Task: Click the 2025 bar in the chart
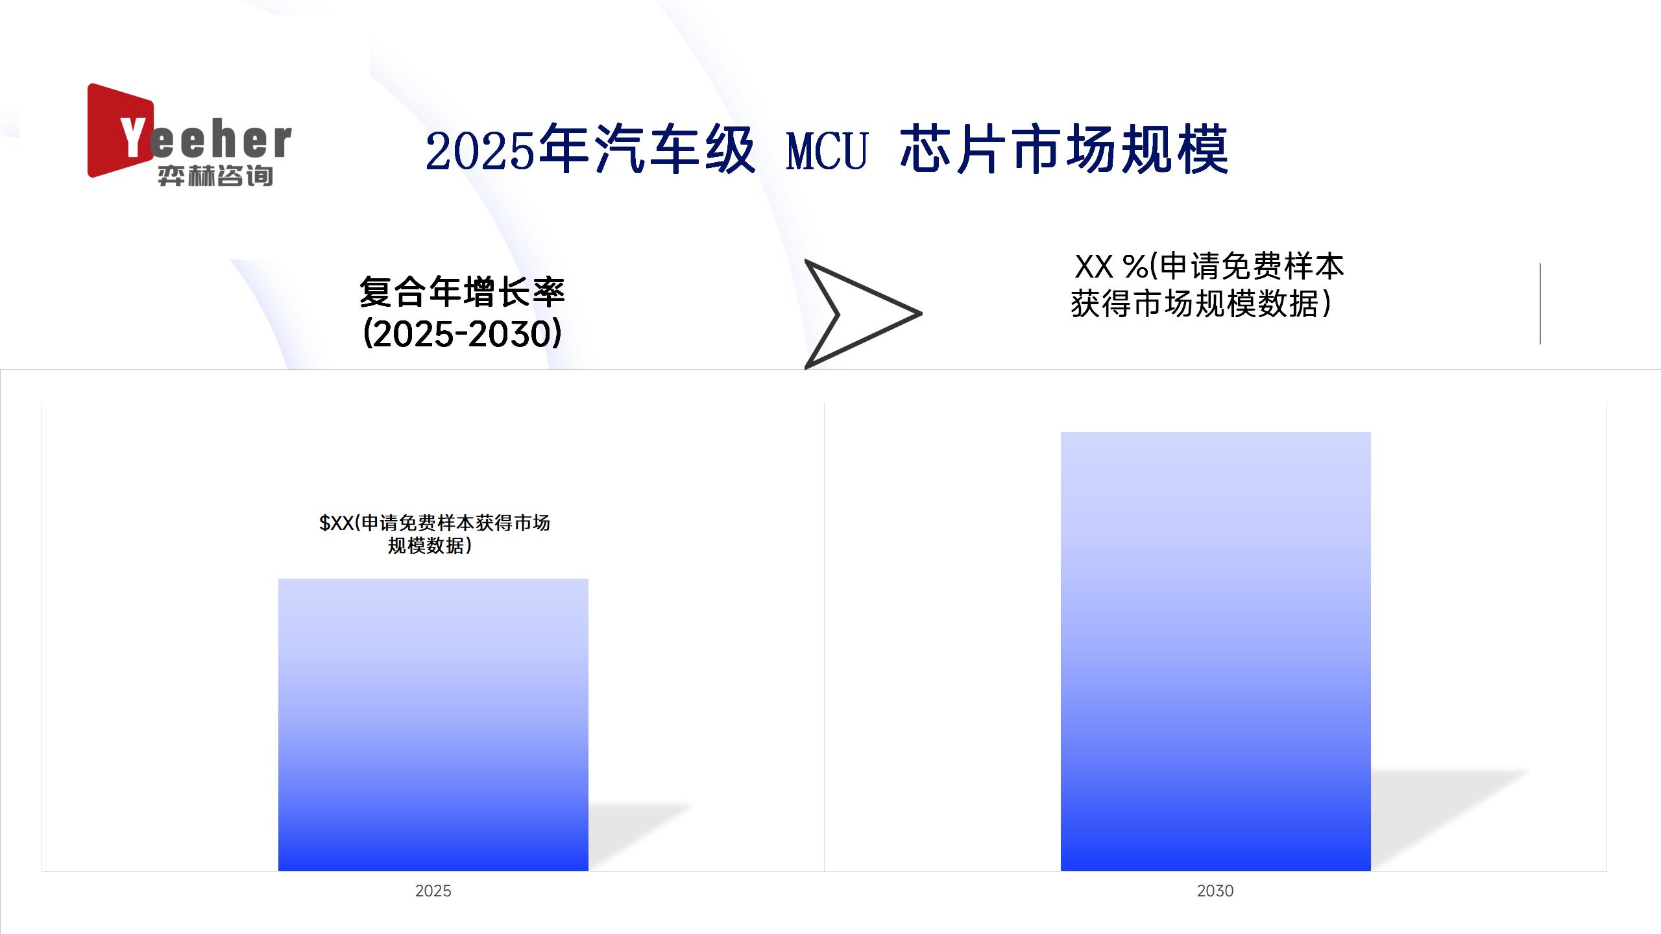433,724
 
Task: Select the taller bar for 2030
1216,651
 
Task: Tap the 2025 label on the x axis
433,891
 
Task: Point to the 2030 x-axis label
1215,891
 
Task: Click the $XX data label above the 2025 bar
434,534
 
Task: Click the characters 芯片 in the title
956,150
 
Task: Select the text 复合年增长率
462,292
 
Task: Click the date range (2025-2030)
462,334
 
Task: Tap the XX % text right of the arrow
1209,266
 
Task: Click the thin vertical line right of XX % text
1540,304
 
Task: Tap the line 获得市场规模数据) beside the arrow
1201,304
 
